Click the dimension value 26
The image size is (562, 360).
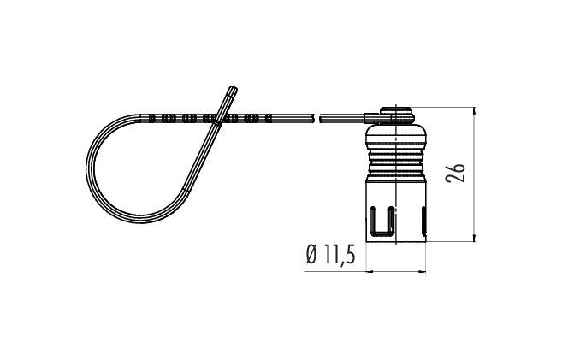455,174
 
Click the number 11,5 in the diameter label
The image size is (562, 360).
339,255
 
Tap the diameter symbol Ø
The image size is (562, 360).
312,254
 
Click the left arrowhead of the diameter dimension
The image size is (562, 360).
370,272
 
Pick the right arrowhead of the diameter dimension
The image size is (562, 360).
422,272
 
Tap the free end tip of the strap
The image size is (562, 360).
234,88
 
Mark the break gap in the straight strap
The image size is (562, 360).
316,118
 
